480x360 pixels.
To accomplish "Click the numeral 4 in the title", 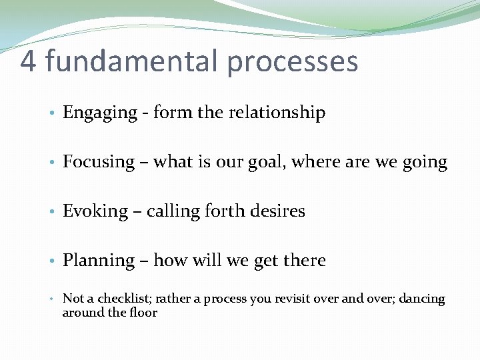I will (28, 61).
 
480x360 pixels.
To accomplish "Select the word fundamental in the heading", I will (131, 61).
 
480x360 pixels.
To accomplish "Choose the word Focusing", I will (99, 163).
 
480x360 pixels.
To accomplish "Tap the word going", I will (425, 163).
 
